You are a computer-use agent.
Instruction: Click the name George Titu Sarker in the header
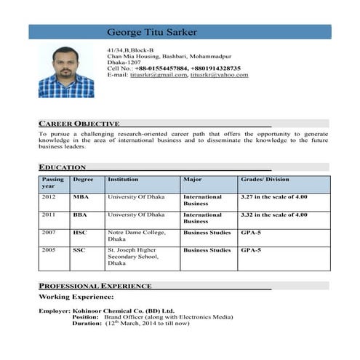(x=151, y=32)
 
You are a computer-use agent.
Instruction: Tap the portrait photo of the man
(x=66, y=71)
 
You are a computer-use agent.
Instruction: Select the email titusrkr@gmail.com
(x=158, y=75)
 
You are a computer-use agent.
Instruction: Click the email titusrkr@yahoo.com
(x=219, y=75)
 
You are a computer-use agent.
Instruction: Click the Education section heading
(x=63, y=167)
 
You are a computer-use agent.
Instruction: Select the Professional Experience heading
(x=95, y=286)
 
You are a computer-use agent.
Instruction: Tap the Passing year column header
(x=53, y=183)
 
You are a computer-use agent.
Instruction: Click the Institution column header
(x=123, y=179)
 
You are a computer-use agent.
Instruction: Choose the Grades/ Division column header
(x=265, y=179)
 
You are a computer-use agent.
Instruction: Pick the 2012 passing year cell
(x=49, y=197)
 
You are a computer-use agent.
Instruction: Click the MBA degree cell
(x=81, y=197)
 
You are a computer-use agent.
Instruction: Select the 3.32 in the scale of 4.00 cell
(x=274, y=215)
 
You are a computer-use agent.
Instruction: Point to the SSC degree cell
(x=79, y=250)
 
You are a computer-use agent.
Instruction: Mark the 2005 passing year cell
(x=49, y=250)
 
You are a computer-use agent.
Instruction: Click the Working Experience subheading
(x=76, y=297)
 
